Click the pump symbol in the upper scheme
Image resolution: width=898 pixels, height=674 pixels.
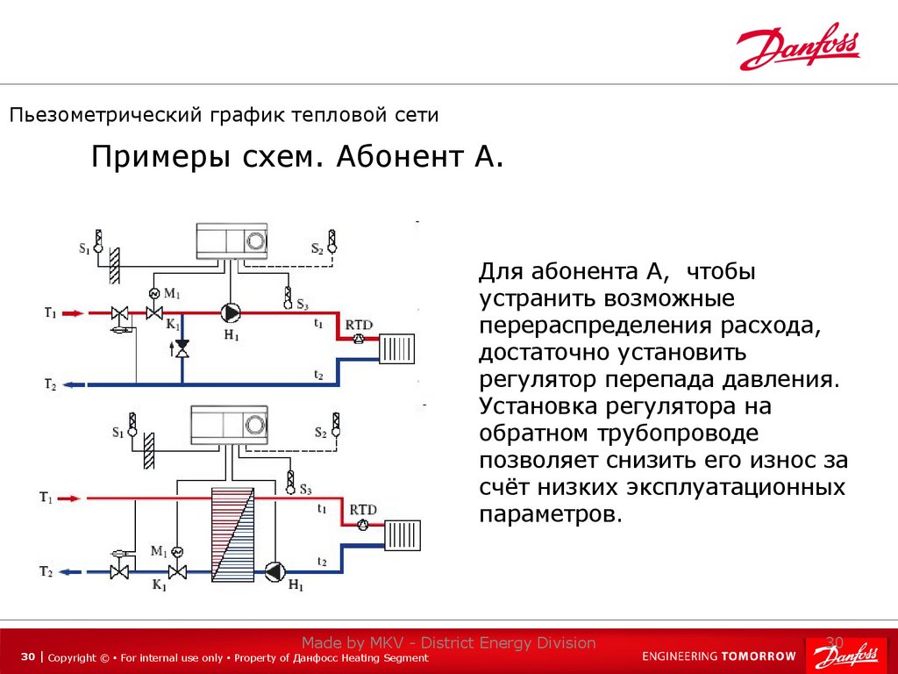tap(231, 312)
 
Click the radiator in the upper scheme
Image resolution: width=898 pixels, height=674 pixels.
tap(396, 348)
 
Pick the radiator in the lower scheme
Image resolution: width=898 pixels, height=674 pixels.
tap(402, 534)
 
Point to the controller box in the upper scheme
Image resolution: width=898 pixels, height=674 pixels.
tap(232, 240)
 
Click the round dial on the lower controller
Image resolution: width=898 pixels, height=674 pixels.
tap(255, 425)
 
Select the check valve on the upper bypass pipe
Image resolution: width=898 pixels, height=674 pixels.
tap(182, 350)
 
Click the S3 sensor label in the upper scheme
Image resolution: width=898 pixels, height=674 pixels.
tap(302, 305)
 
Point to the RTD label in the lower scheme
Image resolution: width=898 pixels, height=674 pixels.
tap(362, 509)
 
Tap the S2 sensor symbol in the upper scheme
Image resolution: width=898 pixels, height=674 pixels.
tap(332, 239)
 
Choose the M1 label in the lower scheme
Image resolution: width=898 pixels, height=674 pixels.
tap(158, 551)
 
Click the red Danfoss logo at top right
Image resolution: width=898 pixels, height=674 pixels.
tap(798, 47)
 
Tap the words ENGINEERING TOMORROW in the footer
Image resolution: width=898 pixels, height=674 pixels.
tap(719, 656)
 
